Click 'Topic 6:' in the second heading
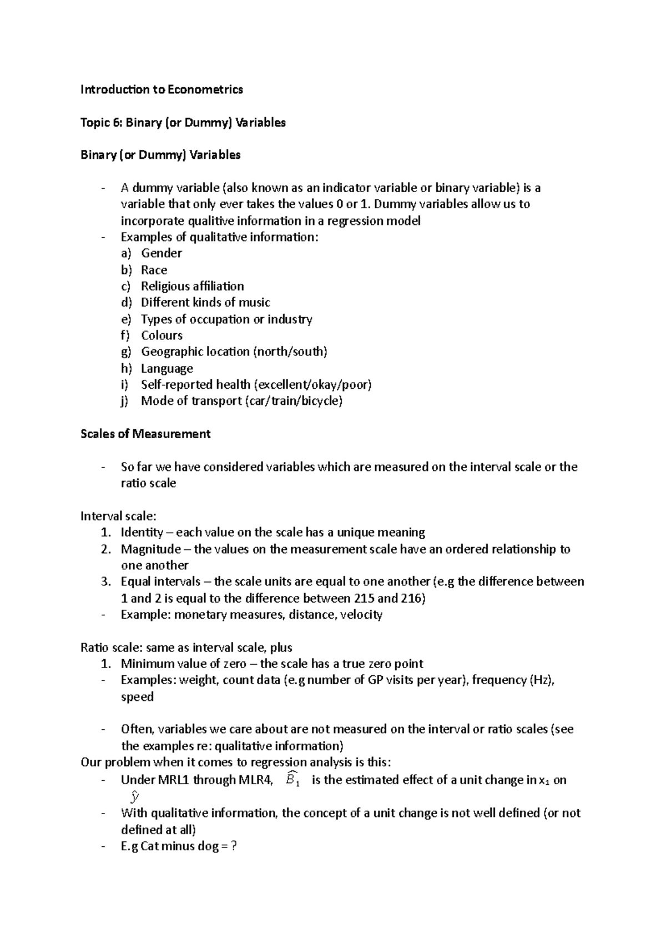(x=101, y=123)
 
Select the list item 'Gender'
(x=161, y=253)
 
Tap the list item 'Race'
(x=154, y=270)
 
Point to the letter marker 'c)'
(x=125, y=287)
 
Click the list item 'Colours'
(x=162, y=335)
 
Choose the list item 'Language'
(x=167, y=369)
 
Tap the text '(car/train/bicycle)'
(x=293, y=401)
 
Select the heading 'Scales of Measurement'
(x=145, y=434)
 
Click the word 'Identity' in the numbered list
(x=142, y=533)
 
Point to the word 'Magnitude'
(x=150, y=549)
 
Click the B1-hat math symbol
(x=292, y=779)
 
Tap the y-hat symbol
(x=134, y=797)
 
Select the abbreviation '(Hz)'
(x=541, y=680)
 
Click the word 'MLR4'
(x=255, y=780)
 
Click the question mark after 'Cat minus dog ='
(x=234, y=846)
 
